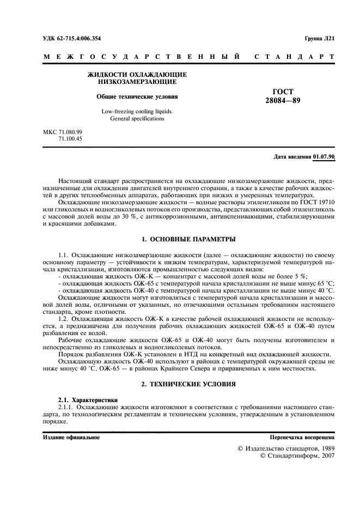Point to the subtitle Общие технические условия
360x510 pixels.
137,96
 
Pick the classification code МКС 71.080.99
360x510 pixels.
62,132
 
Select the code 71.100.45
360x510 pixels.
70,139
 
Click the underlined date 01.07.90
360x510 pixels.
324,157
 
